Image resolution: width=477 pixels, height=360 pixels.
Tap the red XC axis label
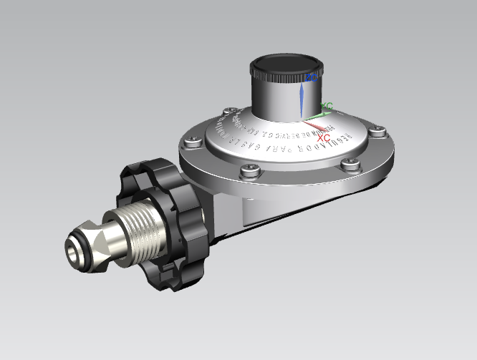click(x=323, y=136)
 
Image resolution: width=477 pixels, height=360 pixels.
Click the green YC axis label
click(x=327, y=107)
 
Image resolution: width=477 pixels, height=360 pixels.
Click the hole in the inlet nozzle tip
click(x=73, y=252)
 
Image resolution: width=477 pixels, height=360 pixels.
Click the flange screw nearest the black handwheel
click(x=192, y=141)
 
